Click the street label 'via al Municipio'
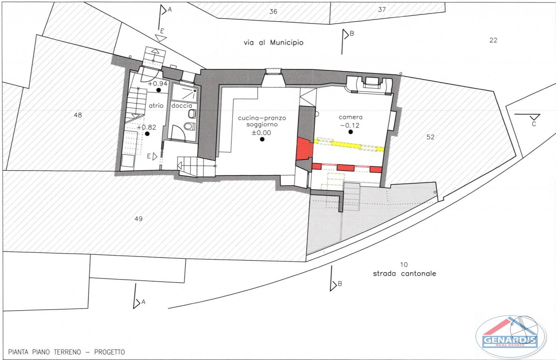click(x=273, y=42)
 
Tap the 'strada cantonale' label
click(x=404, y=274)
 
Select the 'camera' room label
click(x=351, y=117)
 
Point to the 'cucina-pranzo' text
click(x=262, y=118)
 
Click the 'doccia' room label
click(x=181, y=106)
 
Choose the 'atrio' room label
click(x=156, y=106)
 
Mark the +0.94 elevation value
click(x=158, y=84)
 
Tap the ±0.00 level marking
click(x=261, y=133)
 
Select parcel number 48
click(x=78, y=115)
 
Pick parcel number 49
click(x=138, y=219)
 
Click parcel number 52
click(x=430, y=137)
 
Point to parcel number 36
click(x=273, y=12)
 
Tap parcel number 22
click(x=493, y=40)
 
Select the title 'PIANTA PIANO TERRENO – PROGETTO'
click(x=66, y=352)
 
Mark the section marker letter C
click(x=534, y=124)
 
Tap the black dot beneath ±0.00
click(x=262, y=139)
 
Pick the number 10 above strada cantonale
click(x=404, y=265)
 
